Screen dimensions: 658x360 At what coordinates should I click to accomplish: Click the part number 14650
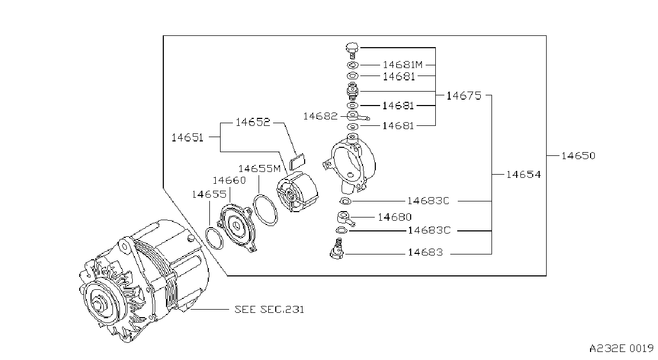point(578,155)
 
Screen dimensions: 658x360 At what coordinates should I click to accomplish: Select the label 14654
point(524,175)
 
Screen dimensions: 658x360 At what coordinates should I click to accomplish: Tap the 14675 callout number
point(464,96)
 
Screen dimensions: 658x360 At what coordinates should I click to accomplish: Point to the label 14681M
point(403,65)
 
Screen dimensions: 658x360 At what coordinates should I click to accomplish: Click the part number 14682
point(320,116)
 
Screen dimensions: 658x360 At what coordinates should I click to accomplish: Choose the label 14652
point(253,122)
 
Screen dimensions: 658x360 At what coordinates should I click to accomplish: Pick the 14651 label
point(187,138)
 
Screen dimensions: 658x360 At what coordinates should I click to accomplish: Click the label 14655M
point(259,169)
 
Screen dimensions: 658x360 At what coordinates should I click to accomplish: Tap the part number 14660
point(229,180)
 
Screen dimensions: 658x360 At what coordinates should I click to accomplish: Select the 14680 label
point(395,217)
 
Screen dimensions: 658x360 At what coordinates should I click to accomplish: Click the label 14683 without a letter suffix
point(425,252)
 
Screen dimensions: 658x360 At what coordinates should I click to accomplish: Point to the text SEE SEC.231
point(269,310)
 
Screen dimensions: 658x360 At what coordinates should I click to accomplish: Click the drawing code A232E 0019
point(621,349)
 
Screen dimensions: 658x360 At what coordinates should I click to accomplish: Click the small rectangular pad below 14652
point(297,162)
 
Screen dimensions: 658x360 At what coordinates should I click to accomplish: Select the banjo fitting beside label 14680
point(345,219)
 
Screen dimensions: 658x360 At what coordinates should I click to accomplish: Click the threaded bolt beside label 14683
point(337,249)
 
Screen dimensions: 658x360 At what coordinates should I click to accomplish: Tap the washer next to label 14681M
point(352,65)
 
